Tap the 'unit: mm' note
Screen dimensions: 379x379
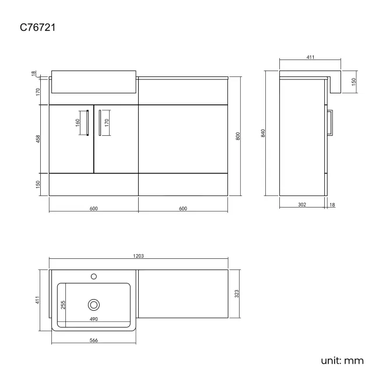pyautogui.click(x=342, y=360)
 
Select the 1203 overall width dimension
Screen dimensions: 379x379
pyautogui.click(x=139, y=255)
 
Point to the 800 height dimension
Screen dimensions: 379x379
pyautogui.click(x=237, y=136)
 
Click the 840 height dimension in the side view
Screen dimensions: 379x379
pyautogui.click(x=264, y=133)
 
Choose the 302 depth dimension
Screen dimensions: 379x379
pyautogui.click(x=303, y=205)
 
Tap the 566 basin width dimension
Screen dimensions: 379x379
pyautogui.click(x=94, y=342)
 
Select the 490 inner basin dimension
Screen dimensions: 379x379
pyautogui.click(x=93, y=319)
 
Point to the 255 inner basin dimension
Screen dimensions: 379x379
pyautogui.click(x=63, y=304)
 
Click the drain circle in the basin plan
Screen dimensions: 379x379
pyautogui.click(x=93, y=304)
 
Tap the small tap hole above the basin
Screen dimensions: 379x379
pyautogui.click(x=93, y=276)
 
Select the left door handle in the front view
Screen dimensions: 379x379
pyautogui.click(x=86, y=124)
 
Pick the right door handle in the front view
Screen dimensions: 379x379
pyautogui.click(x=100, y=124)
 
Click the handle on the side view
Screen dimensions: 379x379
pyautogui.click(x=330, y=123)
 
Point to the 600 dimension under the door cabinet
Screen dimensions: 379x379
pyautogui.click(x=93, y=208)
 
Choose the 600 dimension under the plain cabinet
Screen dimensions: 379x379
pyautogui.click(x=182, y=208)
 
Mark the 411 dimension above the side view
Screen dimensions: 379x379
pyautogui.click(x=310, y=57)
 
